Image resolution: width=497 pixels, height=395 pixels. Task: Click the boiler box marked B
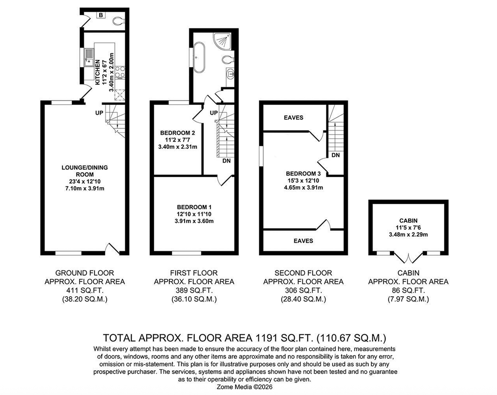point(101,15)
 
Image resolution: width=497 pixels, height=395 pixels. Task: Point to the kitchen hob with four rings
point(120,72)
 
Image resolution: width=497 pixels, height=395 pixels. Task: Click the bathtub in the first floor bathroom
point(199,57)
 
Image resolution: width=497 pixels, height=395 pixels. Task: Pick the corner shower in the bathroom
point(222,41)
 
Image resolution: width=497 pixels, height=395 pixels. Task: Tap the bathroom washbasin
point(230,74)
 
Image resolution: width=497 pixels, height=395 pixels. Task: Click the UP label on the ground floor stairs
point(99,113)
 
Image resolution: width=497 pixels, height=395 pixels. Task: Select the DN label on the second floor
point(335,155)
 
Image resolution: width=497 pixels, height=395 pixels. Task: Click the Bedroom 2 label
point(177,133)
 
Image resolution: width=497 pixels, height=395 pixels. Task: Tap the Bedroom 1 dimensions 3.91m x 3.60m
point(194,221)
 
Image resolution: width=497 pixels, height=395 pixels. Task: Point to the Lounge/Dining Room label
point(85,171)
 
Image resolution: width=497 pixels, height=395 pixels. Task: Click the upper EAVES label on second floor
point(294,117)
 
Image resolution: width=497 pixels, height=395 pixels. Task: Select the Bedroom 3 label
point(303,174)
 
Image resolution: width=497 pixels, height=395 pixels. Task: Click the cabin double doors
point(408,258)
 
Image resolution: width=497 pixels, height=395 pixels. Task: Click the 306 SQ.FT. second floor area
point(303,290)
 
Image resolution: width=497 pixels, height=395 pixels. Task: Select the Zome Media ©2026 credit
point(245,387)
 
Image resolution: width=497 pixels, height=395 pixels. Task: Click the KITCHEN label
point(98,72)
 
